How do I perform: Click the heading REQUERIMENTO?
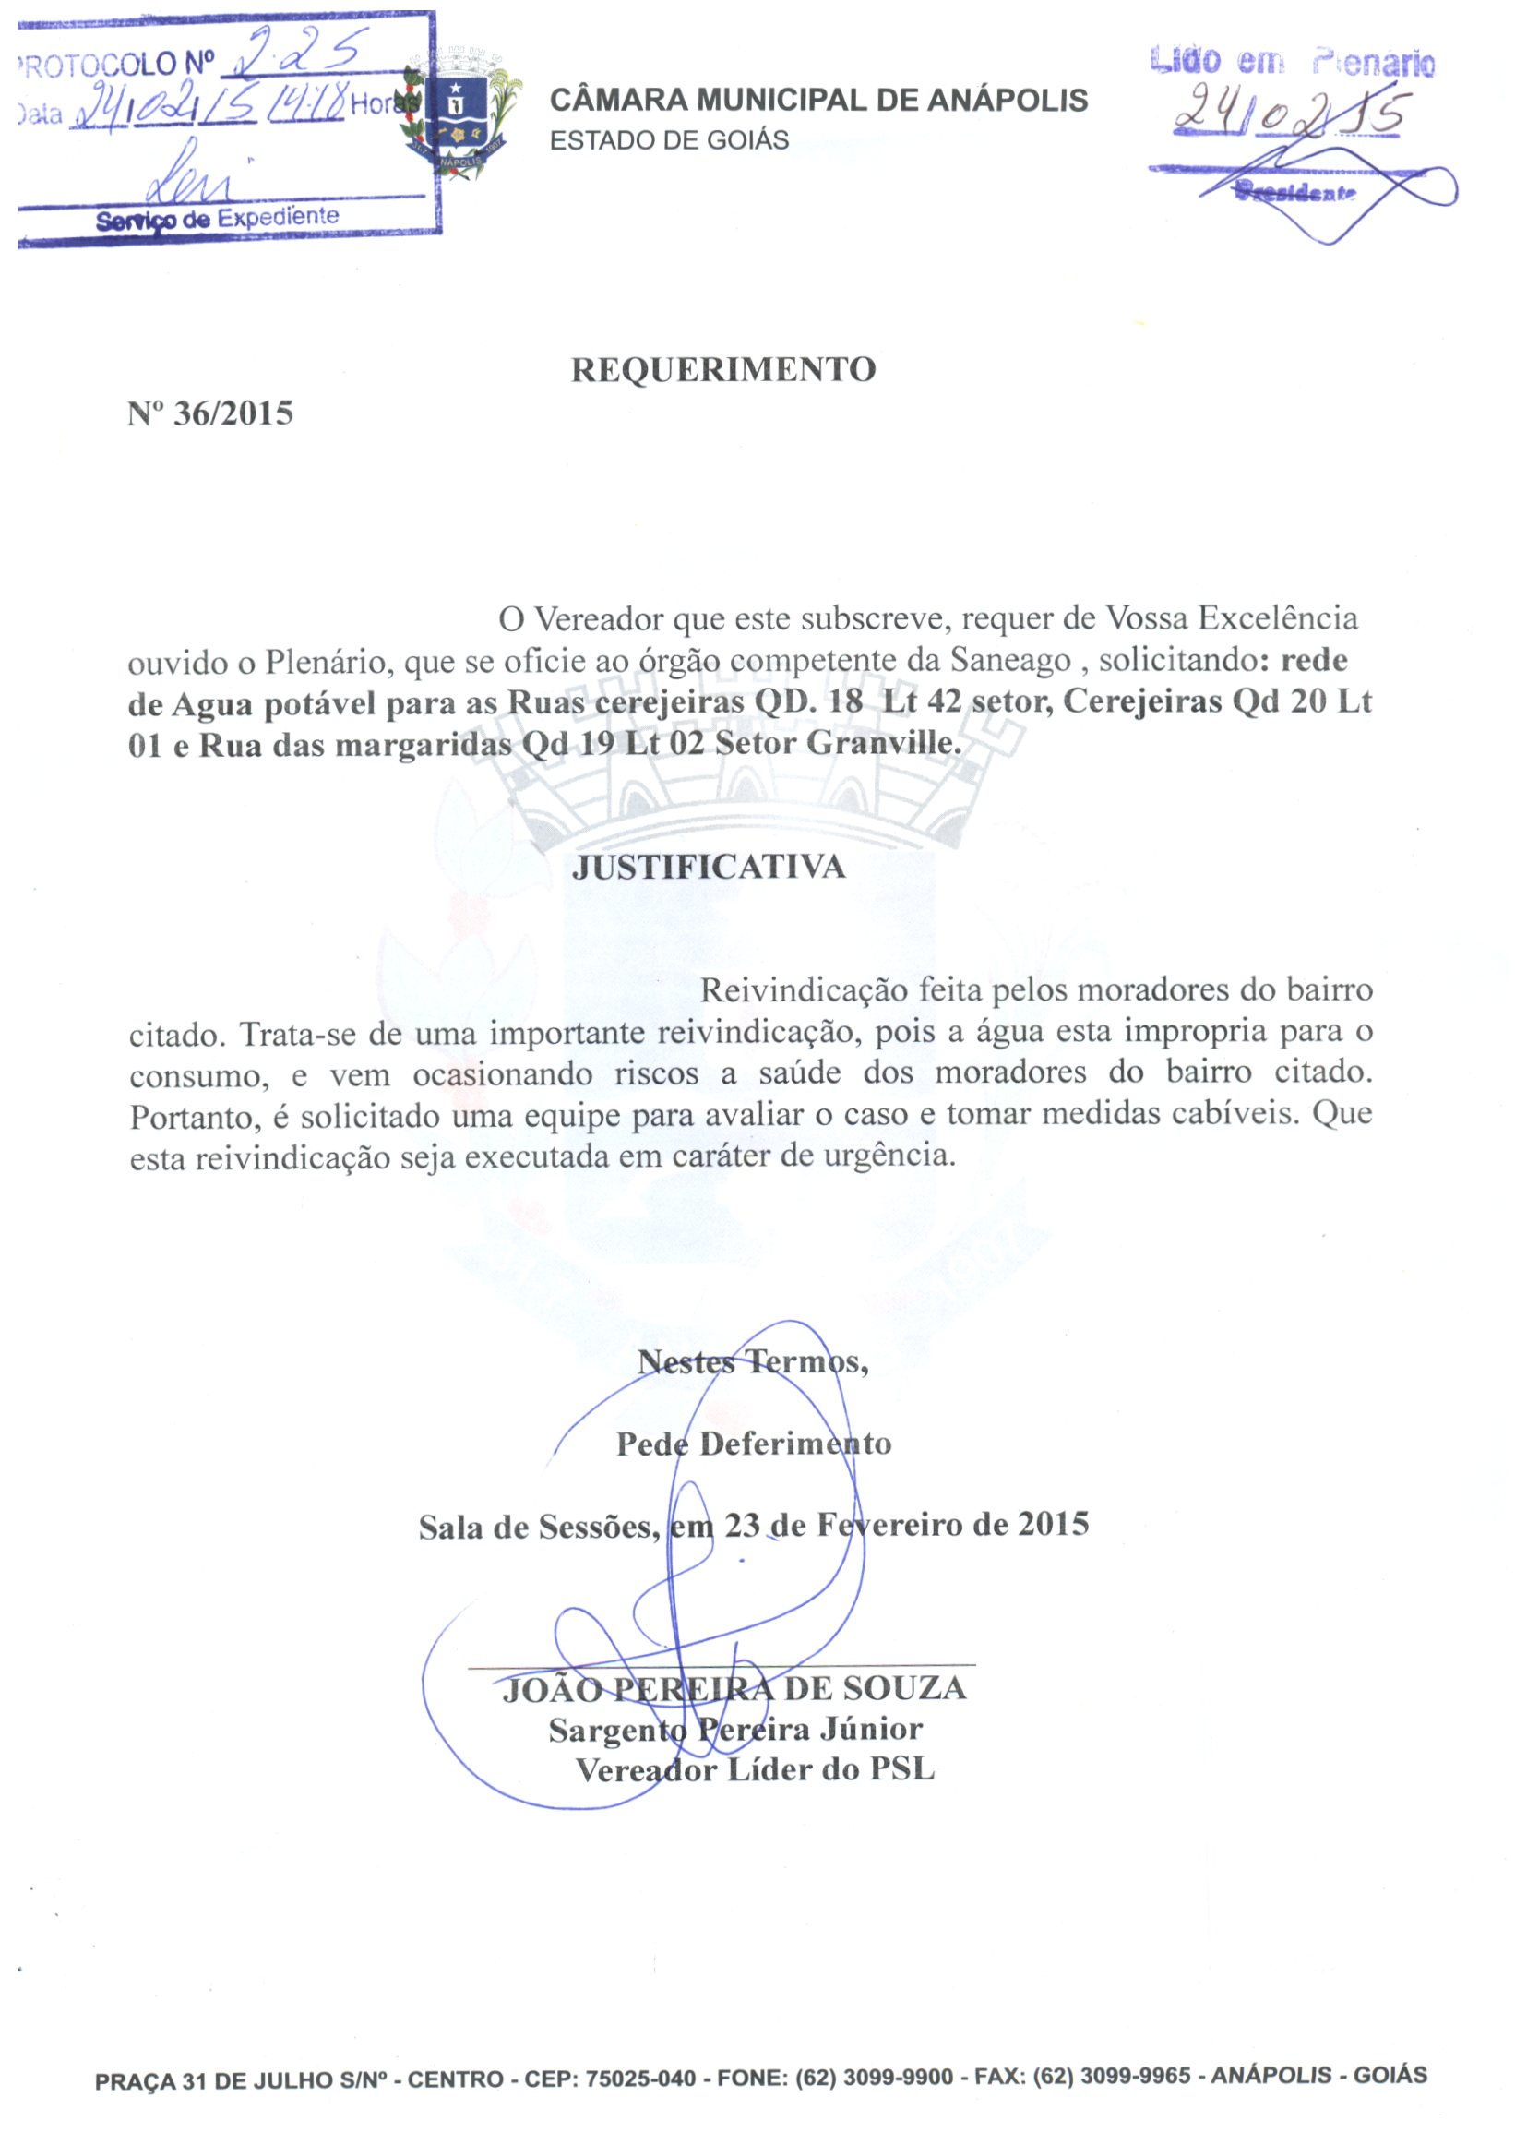pyautogui.click(x=723, y=369)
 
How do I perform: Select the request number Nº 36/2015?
pyautogui.click(x=210, y=413)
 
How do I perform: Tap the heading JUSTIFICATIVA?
pyautogui.click(x=709, y=866)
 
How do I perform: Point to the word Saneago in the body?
pyautogui.click(x=1010, y=660)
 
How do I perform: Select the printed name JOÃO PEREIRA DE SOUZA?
pyautogui.click(x=734, y=1688)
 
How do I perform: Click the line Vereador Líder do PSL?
pyautogui.click(x=755, y=1770)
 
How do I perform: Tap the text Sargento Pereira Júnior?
pyautogui.click(x=735, y=1729)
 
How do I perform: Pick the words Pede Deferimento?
pyautogui.click(x=753, y=1444)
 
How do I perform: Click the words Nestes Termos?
pyautogui.click(x=752, y=1361)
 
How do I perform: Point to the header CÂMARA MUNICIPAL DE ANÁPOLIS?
pyautogui.click(x=818, y=100)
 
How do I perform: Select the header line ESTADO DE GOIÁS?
pyautogui.click(x=670, y=140)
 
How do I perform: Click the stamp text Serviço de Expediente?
pyautogui.click(x=217, y=219)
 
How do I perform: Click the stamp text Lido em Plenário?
pyautogui.click(x=1293, y=62)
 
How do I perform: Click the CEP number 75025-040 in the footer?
pyautogui.click(x=640, y=2079)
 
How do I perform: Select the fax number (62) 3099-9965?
pyautogui.click(x=1112, y=2077)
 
